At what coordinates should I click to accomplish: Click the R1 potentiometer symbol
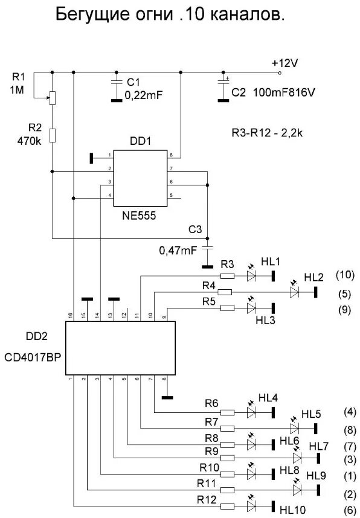(53, 97)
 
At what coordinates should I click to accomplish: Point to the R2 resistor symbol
(53, 135)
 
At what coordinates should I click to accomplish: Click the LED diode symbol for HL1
(252, 277)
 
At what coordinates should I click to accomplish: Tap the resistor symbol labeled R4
(225, 292)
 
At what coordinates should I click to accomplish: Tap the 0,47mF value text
(175, 249)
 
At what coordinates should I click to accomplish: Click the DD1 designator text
(140, 142)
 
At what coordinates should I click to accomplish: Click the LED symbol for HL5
(295, 428)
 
